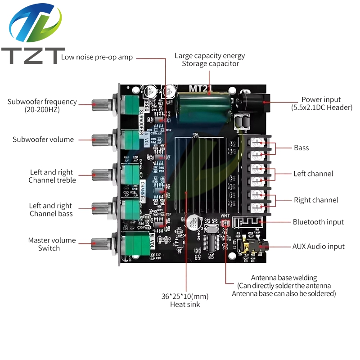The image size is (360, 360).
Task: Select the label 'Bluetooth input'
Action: point(318,222)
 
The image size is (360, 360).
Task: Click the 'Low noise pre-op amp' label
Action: point(97,57)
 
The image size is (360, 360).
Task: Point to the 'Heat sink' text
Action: point(185,305)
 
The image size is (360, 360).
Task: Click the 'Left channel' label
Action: point(313,173)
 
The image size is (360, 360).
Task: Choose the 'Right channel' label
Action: point(315,200)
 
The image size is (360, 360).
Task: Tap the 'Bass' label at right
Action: point(301,148)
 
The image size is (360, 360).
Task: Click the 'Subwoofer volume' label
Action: point(43,139)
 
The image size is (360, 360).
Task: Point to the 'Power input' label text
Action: point(321,99)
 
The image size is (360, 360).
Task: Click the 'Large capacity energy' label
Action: point(210,56)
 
